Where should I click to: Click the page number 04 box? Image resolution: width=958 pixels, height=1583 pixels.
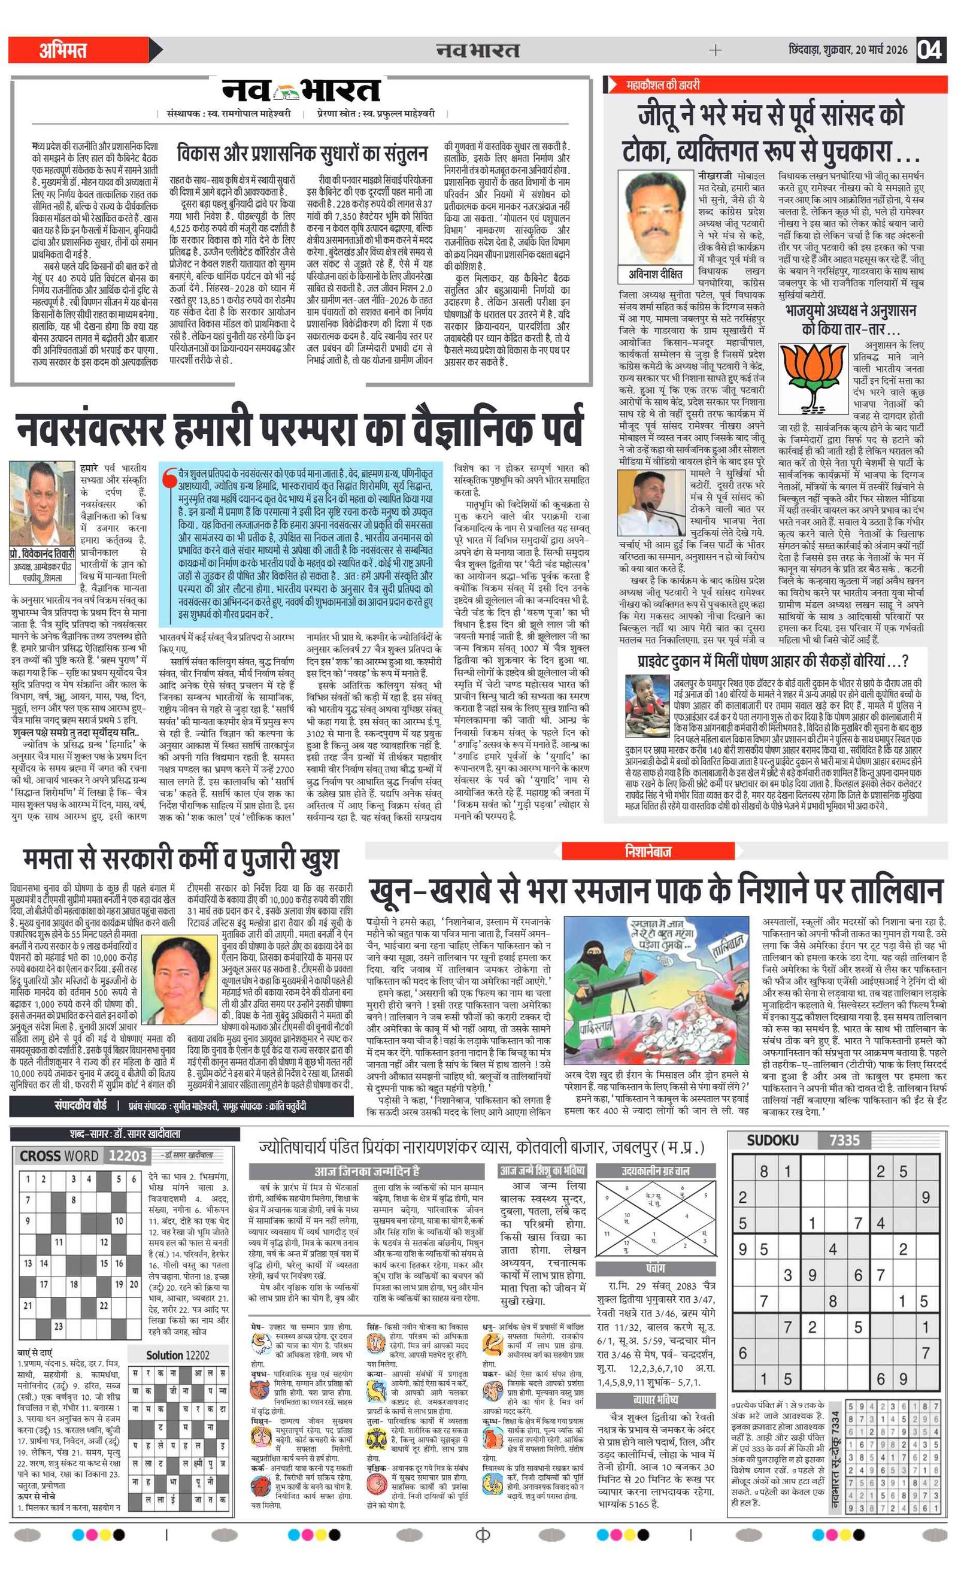pyautogui.click(x=930, y=50)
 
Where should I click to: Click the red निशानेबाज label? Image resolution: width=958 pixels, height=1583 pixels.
pyautogui.click(x=648, y=851)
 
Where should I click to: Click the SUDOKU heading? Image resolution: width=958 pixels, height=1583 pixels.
pyautogui.click(x=772, y=1141)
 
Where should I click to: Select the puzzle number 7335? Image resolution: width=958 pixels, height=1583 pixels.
pyautogui.click(x=844, y=1141)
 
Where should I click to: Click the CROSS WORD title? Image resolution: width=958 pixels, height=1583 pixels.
pyautogui.click(x=59, y=1156)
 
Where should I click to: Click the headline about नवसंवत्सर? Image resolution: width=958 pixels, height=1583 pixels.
pyautogui.click(x=299, y=429)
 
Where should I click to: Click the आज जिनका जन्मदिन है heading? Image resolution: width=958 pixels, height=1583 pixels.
pyautogui.click(x=366, y=1170)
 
